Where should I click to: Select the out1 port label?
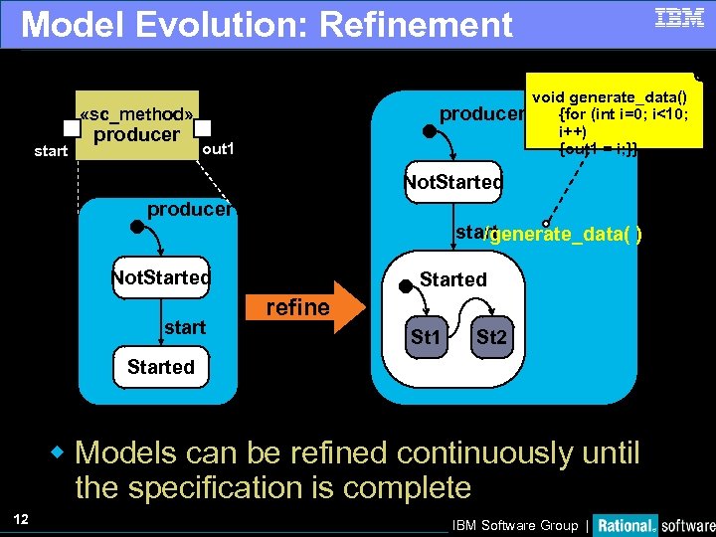point(218,150)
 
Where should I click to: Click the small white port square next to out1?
point(204,128)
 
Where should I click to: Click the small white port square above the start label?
point(71,128)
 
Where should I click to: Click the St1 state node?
point(426,338)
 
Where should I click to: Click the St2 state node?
point(490,338)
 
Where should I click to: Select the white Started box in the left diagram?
point(161,367)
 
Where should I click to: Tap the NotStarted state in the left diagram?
point(161,277)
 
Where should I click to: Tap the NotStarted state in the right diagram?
point(452,183)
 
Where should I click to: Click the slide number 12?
point(21,518)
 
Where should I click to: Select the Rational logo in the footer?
point(626,524)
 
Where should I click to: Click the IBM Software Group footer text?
point(514,525)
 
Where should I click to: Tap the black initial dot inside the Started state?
point(405,287)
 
